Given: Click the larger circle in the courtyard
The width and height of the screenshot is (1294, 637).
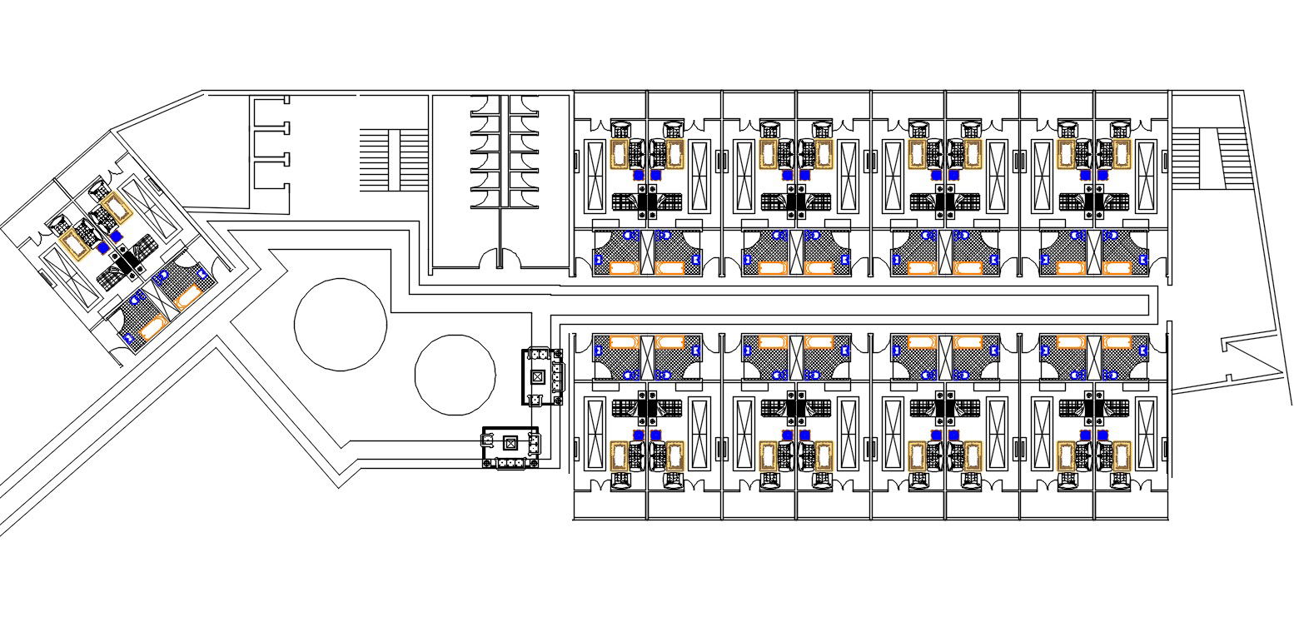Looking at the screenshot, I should tap(340, 325).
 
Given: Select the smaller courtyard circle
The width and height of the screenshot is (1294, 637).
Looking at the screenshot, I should tap(455, 376).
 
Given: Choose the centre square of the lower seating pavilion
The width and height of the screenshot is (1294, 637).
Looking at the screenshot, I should tap(510, 442).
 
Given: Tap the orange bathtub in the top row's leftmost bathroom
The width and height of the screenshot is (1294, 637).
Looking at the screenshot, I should tap(625, 267).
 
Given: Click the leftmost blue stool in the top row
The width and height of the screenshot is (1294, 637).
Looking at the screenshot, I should tap(638, 176).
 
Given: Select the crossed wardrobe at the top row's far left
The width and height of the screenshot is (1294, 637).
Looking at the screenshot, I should tap(596, 175).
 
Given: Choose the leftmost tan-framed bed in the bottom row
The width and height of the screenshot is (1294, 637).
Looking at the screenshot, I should tap(619, 455).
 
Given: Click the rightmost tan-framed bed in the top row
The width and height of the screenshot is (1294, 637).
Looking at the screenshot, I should tap(1116, 154).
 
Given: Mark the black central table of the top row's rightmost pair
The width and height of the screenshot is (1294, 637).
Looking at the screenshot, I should tap(1094, 201).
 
